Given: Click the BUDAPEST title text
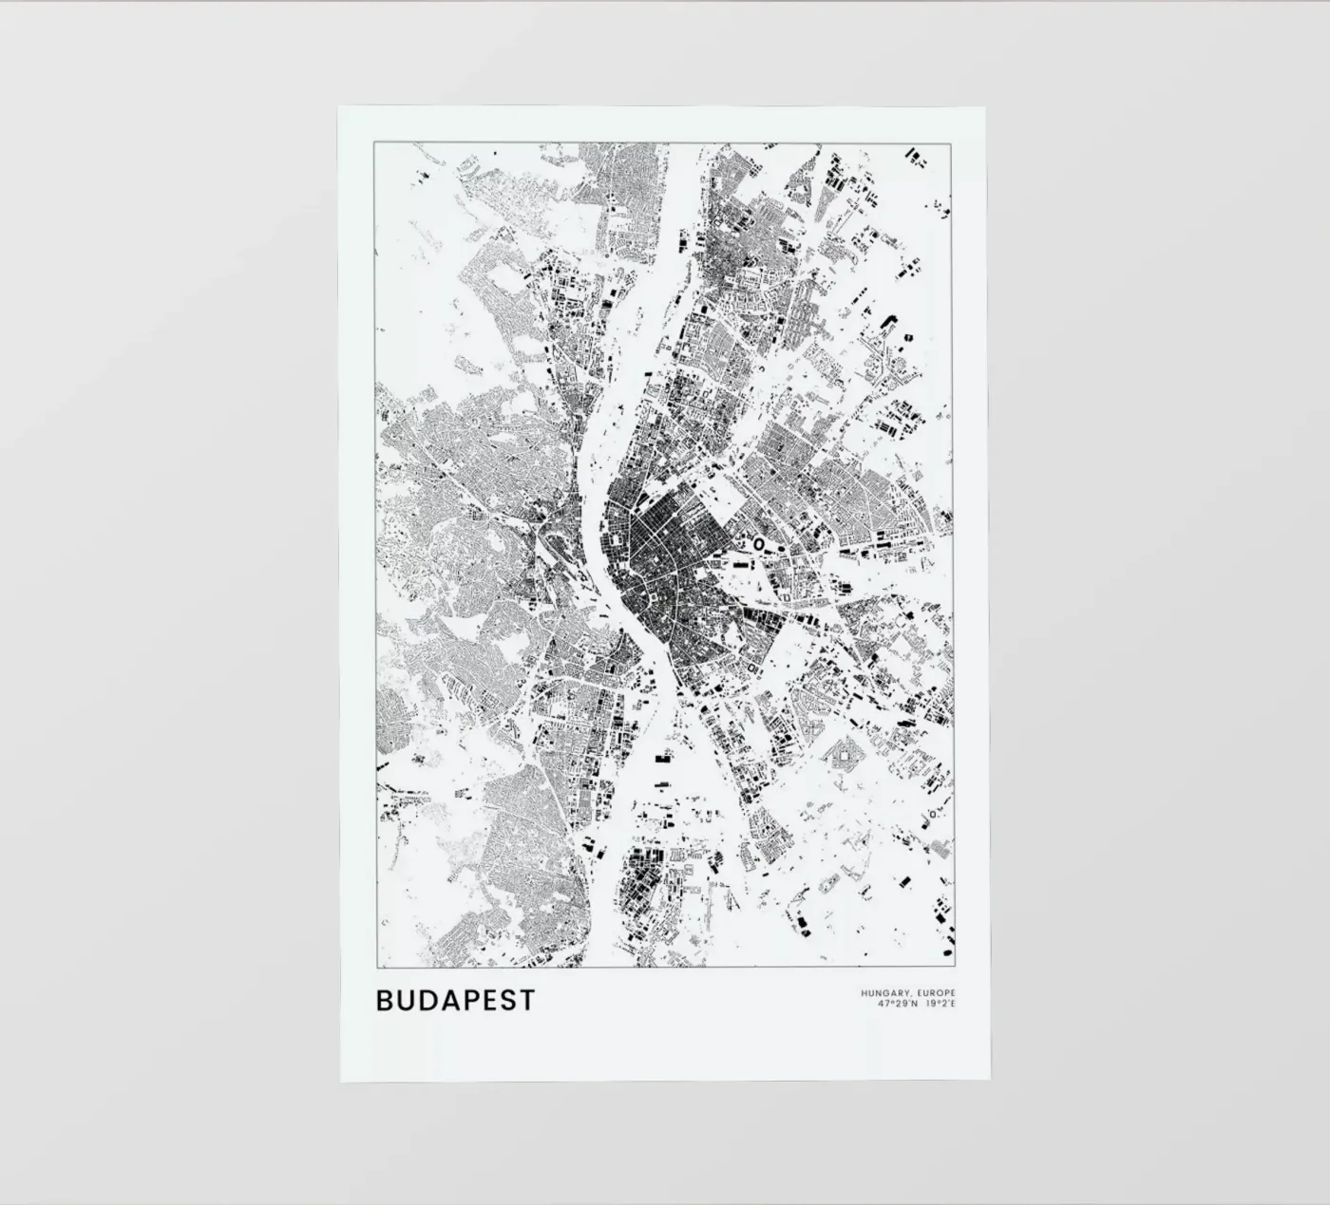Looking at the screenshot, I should [x=456, y=1001].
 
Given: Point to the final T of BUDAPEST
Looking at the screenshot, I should [x=527, y=1001].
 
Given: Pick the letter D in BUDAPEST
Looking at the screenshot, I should [x=425, y=1001].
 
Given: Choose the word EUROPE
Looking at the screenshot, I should [x=935, y=993].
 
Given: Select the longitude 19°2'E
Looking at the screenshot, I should [x=940, y=1003].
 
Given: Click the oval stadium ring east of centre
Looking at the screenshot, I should [x=759, y=544].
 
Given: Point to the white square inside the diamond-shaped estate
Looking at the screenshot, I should [x=841, y=756].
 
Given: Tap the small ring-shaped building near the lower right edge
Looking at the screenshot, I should [x=933, y=814].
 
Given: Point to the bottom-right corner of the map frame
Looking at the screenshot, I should [x=955, y=968].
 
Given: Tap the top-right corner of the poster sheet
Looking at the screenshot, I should [x=985, y=107].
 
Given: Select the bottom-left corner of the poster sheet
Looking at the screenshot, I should [x=341, y=1081].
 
